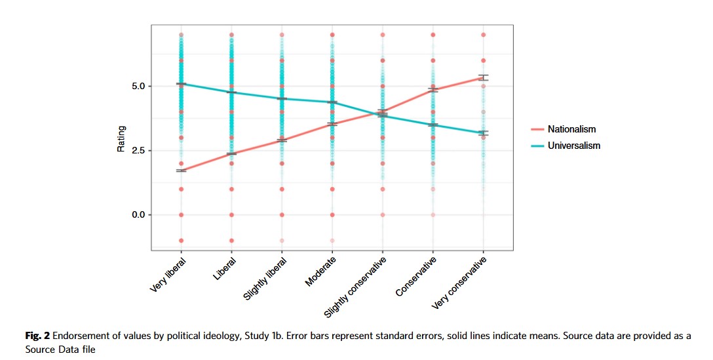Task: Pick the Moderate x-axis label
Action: [321, 271]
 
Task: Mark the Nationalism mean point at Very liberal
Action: [181, 170]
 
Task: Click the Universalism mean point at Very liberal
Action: [181, 84]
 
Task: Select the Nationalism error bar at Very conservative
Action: [483, 77]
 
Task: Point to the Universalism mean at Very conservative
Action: [483, 133]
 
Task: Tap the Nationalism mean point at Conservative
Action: [433, 89]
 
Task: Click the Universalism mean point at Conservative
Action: [433, 125]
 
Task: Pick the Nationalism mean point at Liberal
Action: [231, 153]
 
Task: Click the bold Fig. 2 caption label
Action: [37, 336]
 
